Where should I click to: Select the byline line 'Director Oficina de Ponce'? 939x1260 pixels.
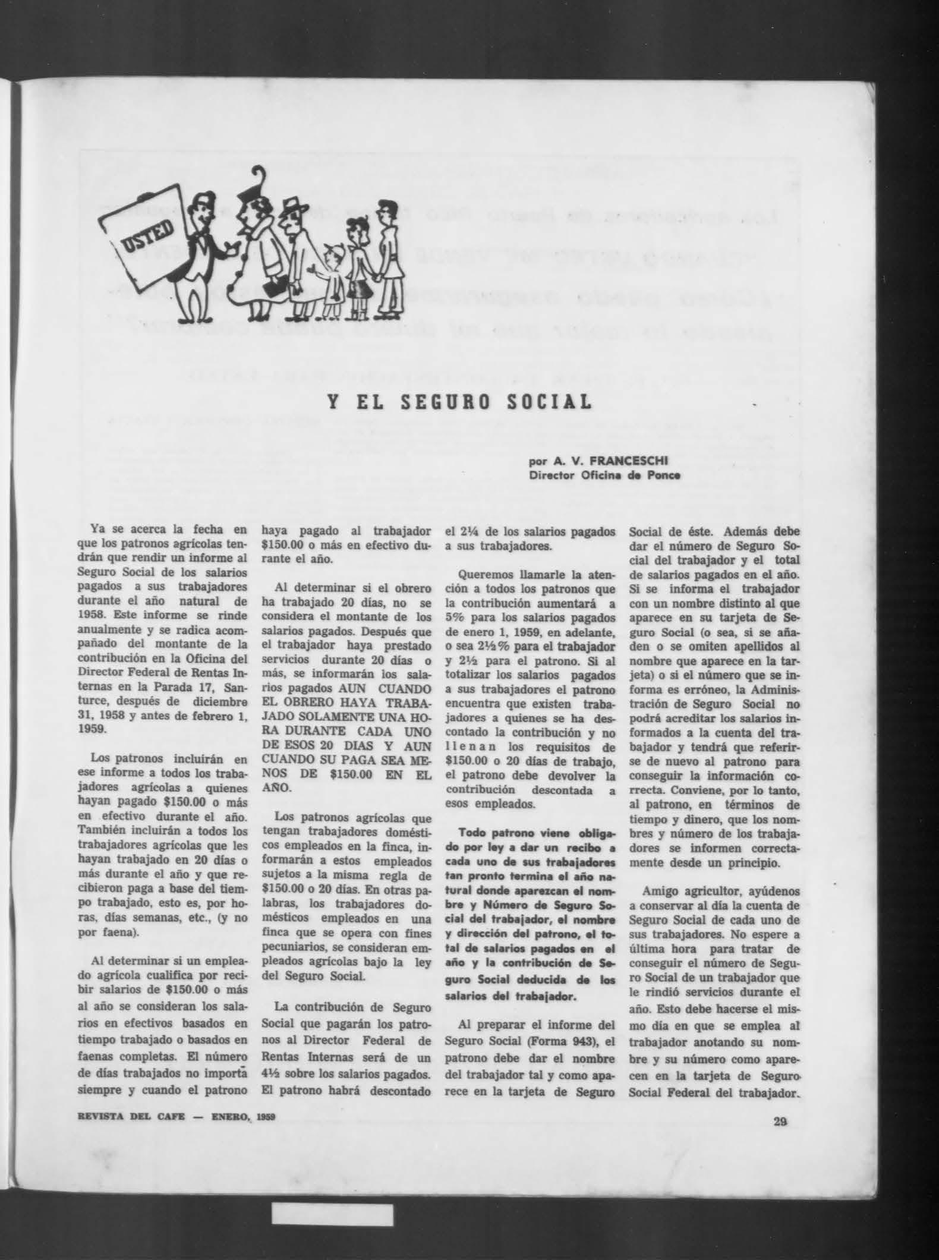[605, 475]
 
